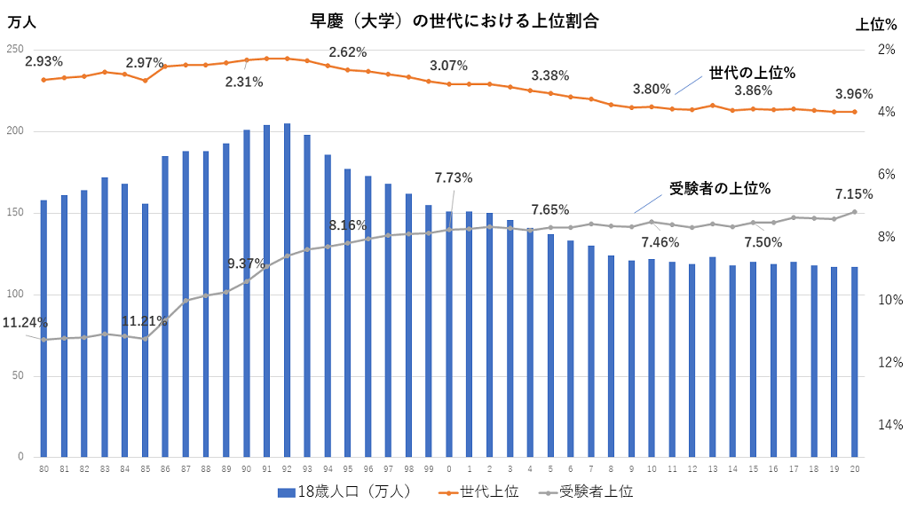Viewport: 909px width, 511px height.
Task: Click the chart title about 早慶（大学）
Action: (454, 22)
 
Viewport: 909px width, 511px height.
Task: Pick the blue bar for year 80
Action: (43, 328)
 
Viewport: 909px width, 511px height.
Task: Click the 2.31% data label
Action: (244, 82)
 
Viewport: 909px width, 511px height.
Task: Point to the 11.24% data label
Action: (25, 323)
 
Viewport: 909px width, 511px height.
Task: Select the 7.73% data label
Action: (454, 177)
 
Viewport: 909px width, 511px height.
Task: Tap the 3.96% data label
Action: (854, 94)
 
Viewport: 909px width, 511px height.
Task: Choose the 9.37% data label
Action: (247, 263)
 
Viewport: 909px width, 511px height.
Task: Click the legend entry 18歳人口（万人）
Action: (344, 491)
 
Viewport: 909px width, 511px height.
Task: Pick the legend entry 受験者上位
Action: (586, 491)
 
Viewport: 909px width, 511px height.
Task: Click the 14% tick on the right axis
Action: (889, 425)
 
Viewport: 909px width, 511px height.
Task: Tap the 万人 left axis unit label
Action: (21, 23)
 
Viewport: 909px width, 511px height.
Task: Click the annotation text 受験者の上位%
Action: (720, 188)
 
